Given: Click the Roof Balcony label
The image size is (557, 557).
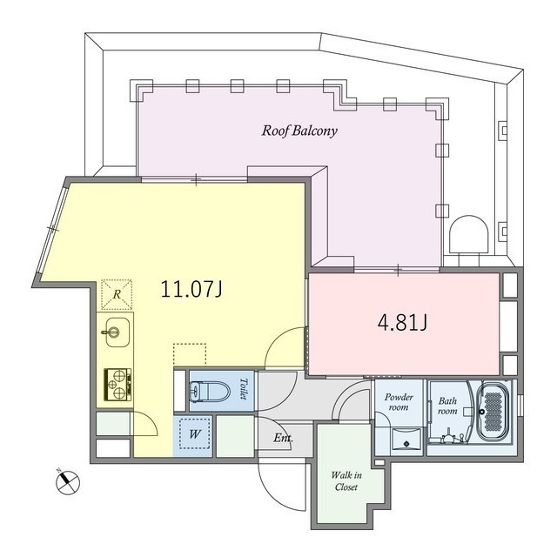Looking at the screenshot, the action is coord(299,131).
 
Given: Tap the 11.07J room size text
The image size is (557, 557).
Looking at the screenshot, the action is coord(191,289).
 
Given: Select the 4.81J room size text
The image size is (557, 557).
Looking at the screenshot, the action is coord(402,323).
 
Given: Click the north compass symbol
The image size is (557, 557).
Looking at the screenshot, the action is coord(68,481).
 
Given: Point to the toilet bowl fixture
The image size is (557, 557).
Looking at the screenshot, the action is coord(205,391).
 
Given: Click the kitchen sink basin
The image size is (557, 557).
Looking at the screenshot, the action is coord(117,332).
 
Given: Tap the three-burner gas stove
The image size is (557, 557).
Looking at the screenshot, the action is coord(117,385).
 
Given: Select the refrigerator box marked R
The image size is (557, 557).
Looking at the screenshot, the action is coord(117,294).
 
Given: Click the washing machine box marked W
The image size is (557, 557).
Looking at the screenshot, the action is coord(194,434).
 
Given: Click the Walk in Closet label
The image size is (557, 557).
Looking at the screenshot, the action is coord(346,481).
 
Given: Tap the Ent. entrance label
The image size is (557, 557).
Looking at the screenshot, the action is coord(283,438).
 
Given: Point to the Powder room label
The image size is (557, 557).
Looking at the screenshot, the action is coord(399,402).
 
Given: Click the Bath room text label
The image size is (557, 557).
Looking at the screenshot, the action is coord(447,406).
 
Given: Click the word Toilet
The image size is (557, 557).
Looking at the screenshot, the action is coord(244,389).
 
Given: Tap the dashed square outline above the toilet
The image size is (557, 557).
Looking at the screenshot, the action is coord(190,355).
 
